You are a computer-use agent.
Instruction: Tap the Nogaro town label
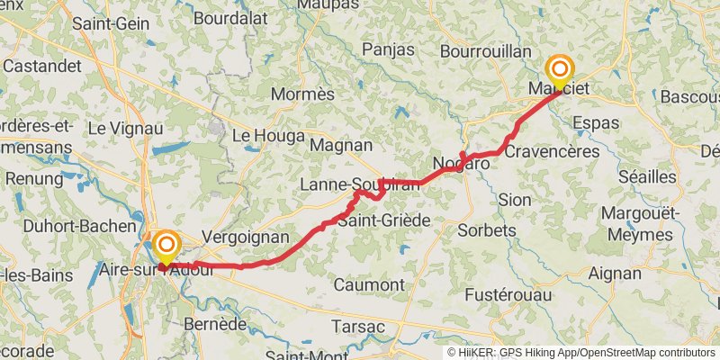point(461,164)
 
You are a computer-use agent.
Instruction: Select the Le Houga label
point(262,136)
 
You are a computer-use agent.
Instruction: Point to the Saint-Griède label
point(383,220)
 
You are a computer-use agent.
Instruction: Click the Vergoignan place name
point(246,237)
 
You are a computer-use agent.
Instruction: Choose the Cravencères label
point(552,151)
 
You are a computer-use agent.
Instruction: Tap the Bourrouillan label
point(486,51)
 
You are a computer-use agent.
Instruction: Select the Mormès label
point(303,94)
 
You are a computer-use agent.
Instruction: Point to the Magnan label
point(340,144)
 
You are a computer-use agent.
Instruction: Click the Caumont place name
point(368,284)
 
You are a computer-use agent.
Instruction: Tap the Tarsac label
point(359,326)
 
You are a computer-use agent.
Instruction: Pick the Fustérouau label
point(507,295)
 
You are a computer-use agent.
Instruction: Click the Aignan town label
point(615,272)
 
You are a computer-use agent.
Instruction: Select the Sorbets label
point(487,230)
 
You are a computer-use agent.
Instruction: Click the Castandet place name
point(41,66)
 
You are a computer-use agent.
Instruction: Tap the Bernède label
point(214,323)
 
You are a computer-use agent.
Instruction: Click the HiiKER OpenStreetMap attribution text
point(581,353)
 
